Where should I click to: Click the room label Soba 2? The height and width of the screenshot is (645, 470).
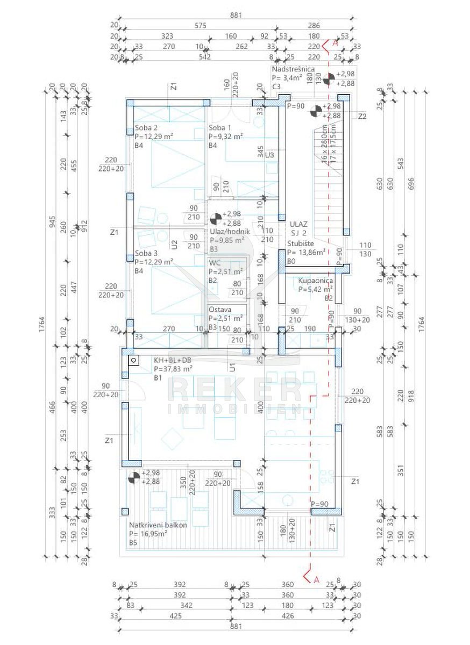tap(146, 128)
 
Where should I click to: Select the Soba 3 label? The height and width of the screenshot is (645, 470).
tap(146, 253)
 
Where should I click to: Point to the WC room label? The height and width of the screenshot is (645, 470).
tap(215, 263)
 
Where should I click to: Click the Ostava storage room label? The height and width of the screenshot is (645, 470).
tap(220, 310)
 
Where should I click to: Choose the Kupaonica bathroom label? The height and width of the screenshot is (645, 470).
tap(316, 281)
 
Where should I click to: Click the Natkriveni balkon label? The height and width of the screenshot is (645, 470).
tap(158, 525)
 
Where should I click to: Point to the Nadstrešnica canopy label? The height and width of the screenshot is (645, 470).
tap(293, 69)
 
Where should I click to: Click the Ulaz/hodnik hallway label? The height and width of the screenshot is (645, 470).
tap(230, 232)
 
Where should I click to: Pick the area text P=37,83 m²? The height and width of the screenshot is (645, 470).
tap(173, 369)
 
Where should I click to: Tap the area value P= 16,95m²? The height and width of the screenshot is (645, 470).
tap(148, 534)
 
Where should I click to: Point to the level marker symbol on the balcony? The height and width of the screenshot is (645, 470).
tap(134, 477)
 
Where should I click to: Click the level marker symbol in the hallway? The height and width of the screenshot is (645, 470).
tap(215, 218)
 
